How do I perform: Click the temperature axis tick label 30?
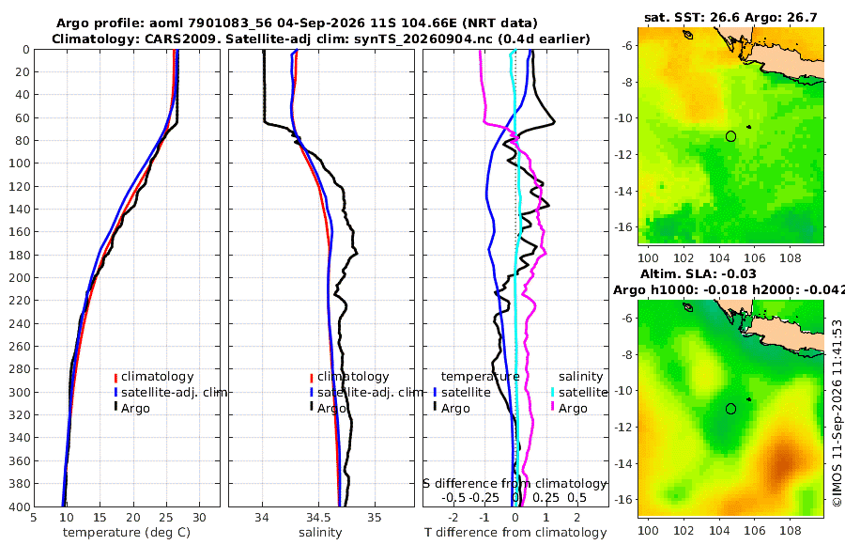click(x=199, y=518)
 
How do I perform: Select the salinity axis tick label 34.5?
click(x=318, y=518)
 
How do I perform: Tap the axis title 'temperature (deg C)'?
click(x=127, y=533)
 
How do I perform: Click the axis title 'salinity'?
click(x=320, y=533)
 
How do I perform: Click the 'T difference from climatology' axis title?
click(x=515, y=533)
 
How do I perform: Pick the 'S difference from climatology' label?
click(x=515, y=484)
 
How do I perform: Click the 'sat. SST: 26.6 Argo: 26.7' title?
click(x=730, y=17)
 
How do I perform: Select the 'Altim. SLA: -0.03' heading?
click(x=699, y=273)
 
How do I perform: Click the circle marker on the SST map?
click(x=730, y=136)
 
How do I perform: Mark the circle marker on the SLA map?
click(x=730, y=409)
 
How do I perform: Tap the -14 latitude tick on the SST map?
click(x=624, y=191)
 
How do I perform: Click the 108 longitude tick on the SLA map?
click(x=791, y=530)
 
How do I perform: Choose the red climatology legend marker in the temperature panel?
click(x=115, y=377)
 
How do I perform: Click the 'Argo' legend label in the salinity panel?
click(x=331, y=409)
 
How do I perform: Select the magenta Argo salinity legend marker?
click(x=553, y=407)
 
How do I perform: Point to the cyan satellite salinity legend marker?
click(x=553, y=392)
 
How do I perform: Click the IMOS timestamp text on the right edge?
click(x=837, y=413)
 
